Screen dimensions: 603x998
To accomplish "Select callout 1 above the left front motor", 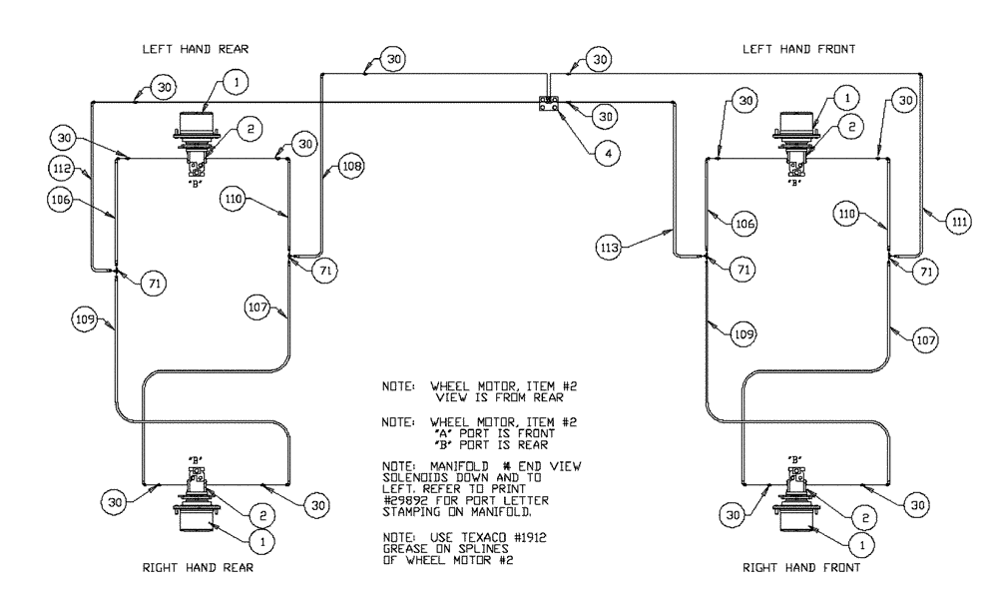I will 845,98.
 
